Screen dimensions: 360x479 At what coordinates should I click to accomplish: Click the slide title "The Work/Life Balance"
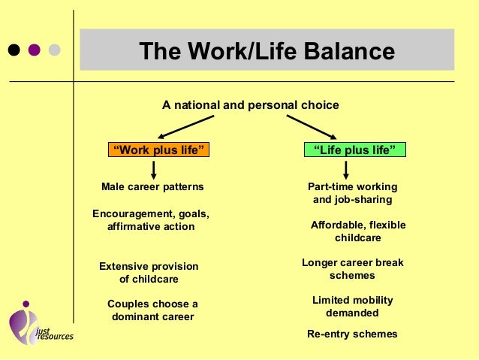coord(267,52)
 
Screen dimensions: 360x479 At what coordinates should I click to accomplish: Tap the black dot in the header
coord(14,51)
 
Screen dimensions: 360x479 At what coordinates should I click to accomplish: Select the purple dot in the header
coord(34,51)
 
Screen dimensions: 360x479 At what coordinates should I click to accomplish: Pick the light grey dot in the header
coord(54,51)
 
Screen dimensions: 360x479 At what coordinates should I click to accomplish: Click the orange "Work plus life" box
coord(158,150)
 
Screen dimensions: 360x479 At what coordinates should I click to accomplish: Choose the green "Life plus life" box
coord(354,150)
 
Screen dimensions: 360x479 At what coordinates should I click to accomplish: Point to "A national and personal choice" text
coord(251,104)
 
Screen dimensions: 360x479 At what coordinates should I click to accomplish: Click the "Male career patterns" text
coord(152,186)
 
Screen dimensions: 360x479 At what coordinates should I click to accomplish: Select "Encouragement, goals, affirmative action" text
coord(150,219)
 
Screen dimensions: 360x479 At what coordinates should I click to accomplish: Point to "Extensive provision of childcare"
coord(149,272)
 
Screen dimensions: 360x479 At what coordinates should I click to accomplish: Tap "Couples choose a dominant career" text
coord(152,310)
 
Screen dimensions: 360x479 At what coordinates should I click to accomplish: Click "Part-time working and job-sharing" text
coord(352,193)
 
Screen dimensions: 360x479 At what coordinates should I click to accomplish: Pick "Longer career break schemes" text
coord(352,269)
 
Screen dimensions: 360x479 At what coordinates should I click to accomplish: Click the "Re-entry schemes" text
coord(352,334)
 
